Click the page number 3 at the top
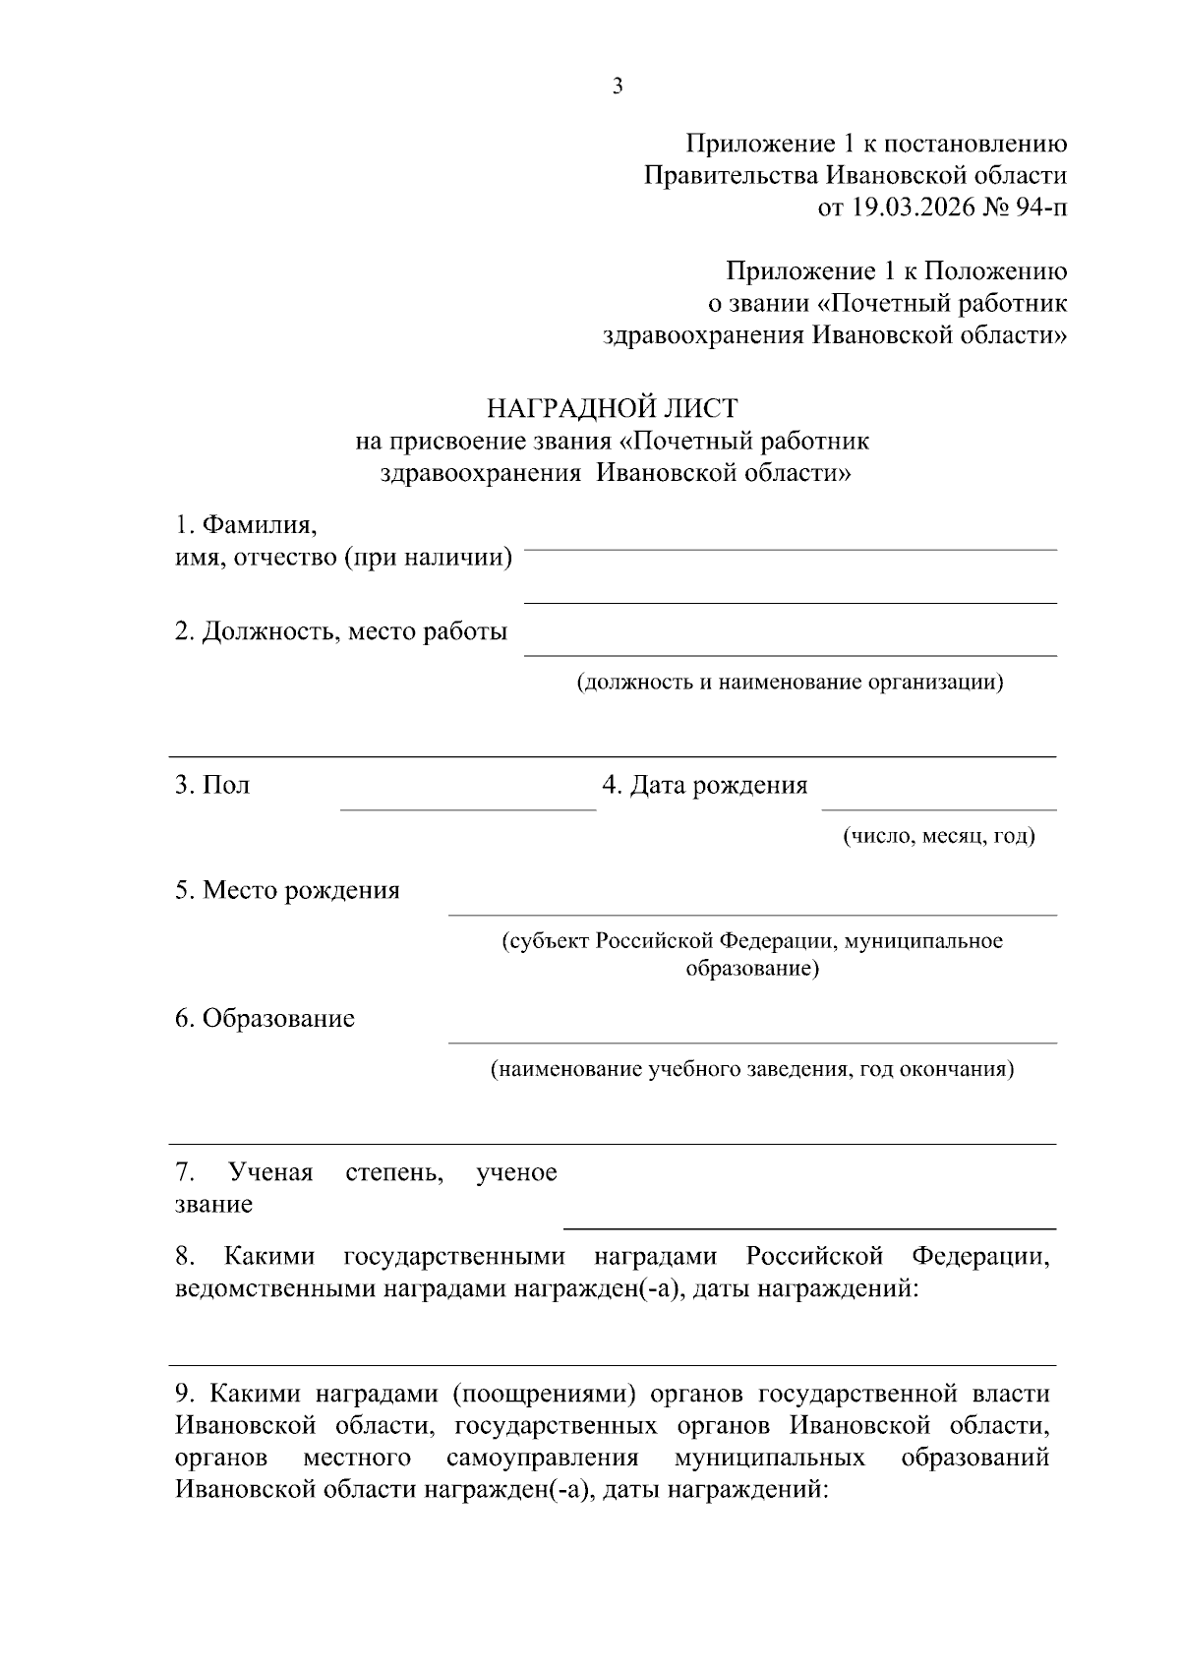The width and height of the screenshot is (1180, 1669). pos(617,87)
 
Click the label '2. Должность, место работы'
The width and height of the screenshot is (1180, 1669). pos(341,631)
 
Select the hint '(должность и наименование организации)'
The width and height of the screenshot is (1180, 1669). pos(790,682)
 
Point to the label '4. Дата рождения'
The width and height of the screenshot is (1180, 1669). pos(704,786)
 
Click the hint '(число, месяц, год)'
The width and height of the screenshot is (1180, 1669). pos(939,837)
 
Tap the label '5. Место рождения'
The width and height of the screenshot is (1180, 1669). pos(287,891)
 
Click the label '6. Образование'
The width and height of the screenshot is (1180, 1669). pos(265,1019)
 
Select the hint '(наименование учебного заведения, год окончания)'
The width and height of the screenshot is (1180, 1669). pos(752,1069)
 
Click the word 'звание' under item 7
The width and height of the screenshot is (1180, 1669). pos(213,1205)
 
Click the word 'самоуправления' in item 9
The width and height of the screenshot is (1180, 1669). pos(542,1458)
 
